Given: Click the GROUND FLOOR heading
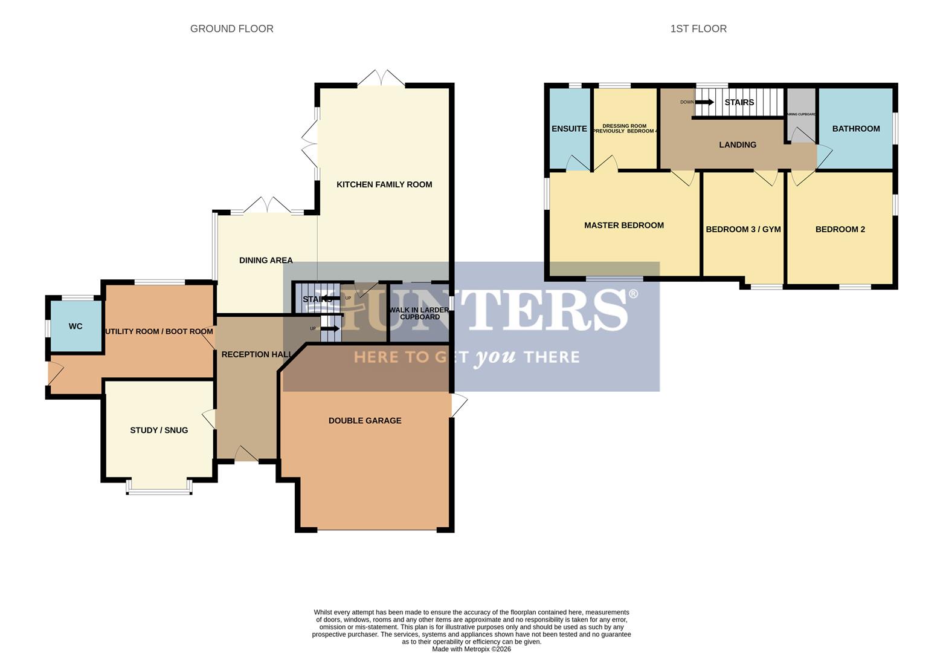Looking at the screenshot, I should point(231,28).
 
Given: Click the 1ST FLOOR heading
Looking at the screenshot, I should point(698,28).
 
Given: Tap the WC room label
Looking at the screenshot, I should point(76,326).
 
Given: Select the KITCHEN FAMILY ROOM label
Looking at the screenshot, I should point(384,184).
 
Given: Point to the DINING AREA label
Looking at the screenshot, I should point(266,260).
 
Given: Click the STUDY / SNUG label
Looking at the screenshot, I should point(159,430).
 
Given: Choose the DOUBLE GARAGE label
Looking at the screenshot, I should point(365,421).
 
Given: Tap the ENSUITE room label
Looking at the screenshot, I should point(569,129).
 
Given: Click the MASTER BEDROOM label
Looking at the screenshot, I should point(623,226).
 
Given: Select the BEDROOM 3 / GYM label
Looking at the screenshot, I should point(743,229).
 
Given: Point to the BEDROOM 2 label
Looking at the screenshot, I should point(840,229).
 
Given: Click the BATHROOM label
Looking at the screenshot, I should point(855,129).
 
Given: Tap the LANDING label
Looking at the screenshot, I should point(737,145).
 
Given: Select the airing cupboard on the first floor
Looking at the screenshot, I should point(801,115).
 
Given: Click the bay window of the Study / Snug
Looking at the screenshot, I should point(159,490).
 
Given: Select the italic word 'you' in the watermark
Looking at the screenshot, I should point(495,357).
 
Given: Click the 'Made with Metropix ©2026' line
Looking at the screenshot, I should point(471,649).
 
